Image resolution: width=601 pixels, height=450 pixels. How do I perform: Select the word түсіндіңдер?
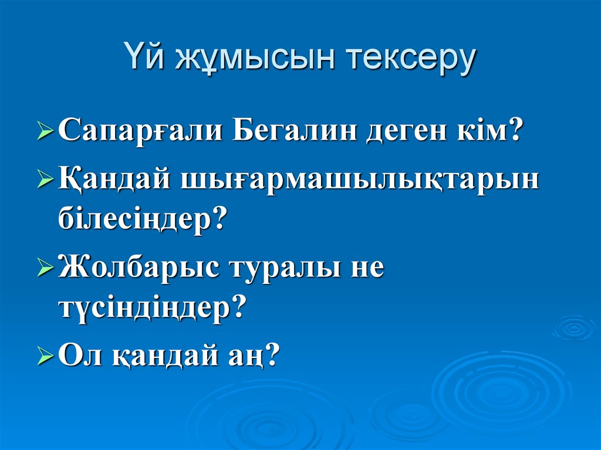coord(150,307)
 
